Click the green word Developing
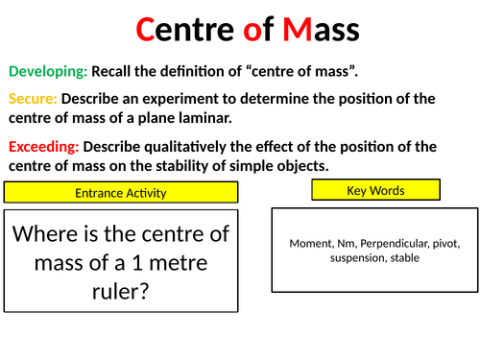click(48, 71)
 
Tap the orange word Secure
click(33, 99)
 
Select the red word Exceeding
click(44, 147)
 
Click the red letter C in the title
click(145, 30)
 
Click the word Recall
click(111, 71)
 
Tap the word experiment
click(188, 99)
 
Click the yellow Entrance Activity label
click(121, 192)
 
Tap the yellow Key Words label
click(376, 190)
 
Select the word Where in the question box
click(45, 234)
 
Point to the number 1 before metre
click(137, 263)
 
